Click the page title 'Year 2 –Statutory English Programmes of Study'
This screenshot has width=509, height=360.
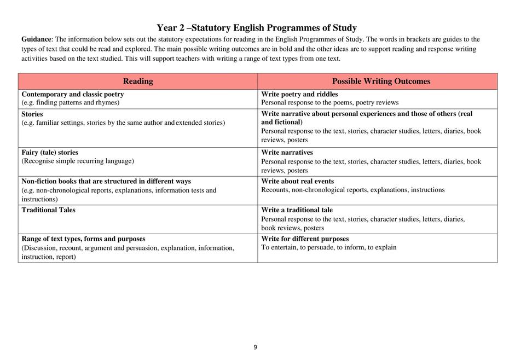pos(256,28)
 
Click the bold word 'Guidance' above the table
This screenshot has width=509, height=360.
pos(36,39)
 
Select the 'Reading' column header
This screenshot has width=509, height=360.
pos(138,82)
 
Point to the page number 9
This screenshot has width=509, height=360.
pos(255,347)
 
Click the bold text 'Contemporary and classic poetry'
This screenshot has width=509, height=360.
pos(73,94)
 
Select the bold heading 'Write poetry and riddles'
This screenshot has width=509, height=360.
pos(299,94)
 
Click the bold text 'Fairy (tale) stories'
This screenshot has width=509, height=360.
pos(50,152)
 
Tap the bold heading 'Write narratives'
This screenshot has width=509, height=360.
pos(287,152)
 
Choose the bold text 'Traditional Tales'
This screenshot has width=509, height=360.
pos(49,210)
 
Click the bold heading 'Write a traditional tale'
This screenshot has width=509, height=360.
pos(297,210)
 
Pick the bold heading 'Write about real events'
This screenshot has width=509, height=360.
pos(297,181)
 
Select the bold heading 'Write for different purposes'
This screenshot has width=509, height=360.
pos(305,239)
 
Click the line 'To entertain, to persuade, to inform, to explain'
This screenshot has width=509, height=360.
pos(329,247)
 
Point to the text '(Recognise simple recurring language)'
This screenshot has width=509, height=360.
pos(78,161)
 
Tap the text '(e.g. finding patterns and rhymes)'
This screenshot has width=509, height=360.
pos(71,102)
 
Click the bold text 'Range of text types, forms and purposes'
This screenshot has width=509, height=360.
pos(83,239)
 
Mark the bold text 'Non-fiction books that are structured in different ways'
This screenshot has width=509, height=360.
pos(106,181)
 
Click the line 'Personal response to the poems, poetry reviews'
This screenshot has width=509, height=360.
pos(329,102)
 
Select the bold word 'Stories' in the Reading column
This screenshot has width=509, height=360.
pos(32,114)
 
